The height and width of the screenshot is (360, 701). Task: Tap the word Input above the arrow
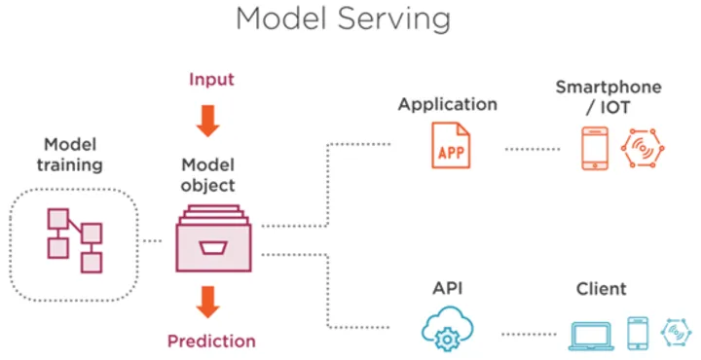tap(211, 79)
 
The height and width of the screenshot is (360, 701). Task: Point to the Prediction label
tap(211, 341)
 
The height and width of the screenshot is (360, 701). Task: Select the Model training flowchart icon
tap(75, 239)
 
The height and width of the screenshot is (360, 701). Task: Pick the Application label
tap(448, 104)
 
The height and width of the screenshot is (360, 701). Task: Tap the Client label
tap(602, 289)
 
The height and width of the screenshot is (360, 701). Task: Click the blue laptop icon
tap(591, 334)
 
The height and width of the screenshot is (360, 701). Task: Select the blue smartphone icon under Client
tap(638, 333)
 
